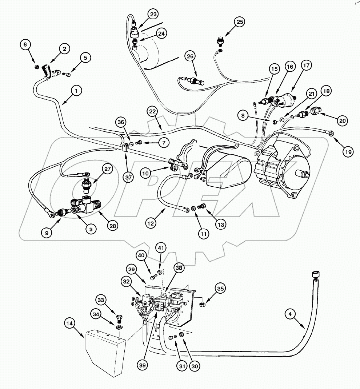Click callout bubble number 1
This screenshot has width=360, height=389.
[76, 91]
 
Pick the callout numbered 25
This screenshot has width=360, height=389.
[239, 23]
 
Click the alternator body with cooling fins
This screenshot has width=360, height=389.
[282, 171]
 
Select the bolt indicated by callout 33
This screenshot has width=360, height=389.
[119, 319]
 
